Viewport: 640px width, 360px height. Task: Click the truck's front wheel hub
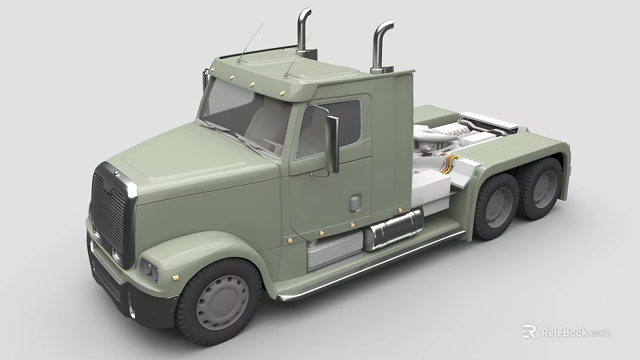(x=223, y=302)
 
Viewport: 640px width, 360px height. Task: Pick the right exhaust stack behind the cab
(x=381, y=47)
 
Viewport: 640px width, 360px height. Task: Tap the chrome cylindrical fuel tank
(x=393, y=229)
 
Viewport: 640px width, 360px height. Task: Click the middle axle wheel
(x=497, y=206)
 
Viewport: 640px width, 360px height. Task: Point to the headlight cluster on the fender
(x=149, y=270)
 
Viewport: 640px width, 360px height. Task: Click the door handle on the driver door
(x=355, y=203)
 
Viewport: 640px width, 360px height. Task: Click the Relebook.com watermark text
(x=575, y=332)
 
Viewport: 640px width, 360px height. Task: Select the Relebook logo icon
(x=529, y=331)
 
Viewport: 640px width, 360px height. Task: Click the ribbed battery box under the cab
(x=333, y=249)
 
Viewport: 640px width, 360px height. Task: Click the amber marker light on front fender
(x=175, y=275)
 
